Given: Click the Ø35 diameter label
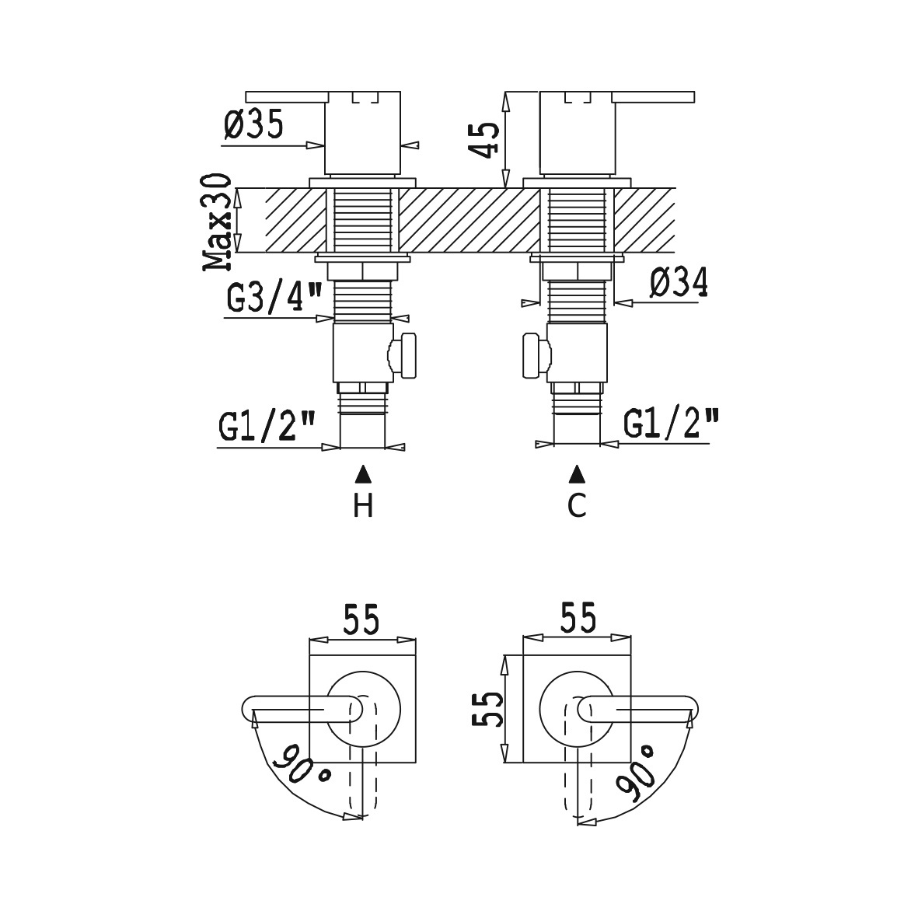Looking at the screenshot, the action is coord(253,124).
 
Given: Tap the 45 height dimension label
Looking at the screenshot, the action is coord(485,140).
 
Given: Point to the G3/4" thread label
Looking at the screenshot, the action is coord(274,298).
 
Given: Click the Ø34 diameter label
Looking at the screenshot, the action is coord(679,282).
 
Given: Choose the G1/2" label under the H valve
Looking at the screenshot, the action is coord(267,426).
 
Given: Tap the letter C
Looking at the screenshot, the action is coord(577,505).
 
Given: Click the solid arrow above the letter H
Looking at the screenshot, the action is coord(363,473).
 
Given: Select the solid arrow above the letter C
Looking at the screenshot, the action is coord(578,473).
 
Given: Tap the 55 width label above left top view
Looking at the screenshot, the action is coord(361,620).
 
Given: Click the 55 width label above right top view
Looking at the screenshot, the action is coord(578,618).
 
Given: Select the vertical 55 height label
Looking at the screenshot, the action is coord(487,709).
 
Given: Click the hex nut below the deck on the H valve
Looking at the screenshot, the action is coord(362,271).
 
